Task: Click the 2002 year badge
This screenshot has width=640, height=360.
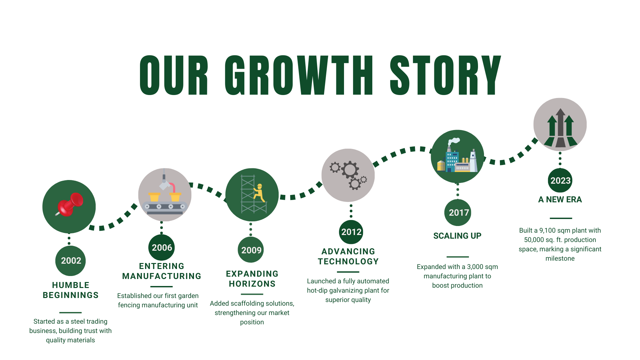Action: point(70,261)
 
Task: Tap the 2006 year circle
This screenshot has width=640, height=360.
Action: point(161,248)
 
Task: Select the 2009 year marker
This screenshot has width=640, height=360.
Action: point(251,250)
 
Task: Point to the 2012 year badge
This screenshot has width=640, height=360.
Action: point(351,232)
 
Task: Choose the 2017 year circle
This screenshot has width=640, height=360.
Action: point(458,213)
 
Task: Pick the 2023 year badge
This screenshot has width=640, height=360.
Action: point(560,180)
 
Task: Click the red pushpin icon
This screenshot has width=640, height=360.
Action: point(70,204)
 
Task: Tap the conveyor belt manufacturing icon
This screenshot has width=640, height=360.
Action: point(165,195)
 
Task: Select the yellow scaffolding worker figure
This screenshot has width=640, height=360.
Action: point(259,193)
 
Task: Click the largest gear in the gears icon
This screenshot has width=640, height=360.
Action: point(350,170)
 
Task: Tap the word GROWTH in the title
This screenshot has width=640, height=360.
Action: point(299,75)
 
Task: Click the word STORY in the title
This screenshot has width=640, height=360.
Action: point(446,75)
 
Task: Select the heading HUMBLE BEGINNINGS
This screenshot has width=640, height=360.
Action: point(71,290)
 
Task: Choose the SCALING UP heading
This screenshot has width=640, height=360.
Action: point(457,236)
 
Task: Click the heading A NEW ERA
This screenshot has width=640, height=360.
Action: point(560,199)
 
